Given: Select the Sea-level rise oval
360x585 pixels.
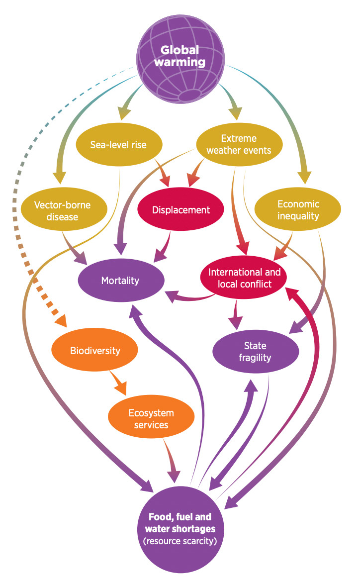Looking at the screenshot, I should (x=118, y=145).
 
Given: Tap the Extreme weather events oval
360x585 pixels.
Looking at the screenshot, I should (x=240, y=144).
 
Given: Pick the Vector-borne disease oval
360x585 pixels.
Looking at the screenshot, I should (x=63, y=210).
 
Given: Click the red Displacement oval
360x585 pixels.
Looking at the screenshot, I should (x=181, y=209).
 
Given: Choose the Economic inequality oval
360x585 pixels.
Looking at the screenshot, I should (x=298, y=210).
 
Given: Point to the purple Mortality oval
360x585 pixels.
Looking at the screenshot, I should (x=120, y=281).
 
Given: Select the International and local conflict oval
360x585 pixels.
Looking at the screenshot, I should (x=244, y=279).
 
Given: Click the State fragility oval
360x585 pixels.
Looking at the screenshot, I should (x=255, y=352).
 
